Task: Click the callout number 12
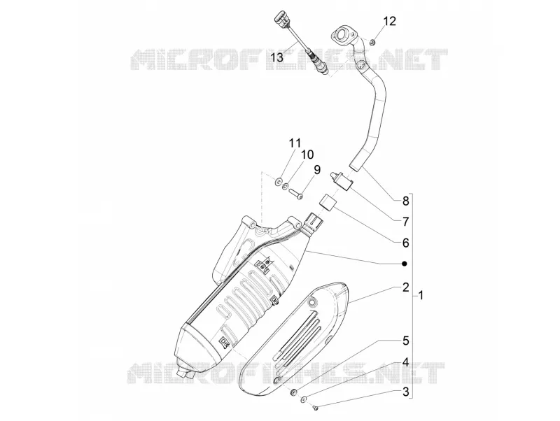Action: pos(390,21)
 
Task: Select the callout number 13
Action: pos(276,57)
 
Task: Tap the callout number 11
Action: pos(295,143)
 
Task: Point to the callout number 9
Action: pos(317,169)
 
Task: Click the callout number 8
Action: pos(405,201)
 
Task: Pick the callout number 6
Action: pos(405,243)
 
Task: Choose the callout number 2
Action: pos(405,287)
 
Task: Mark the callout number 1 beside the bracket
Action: pos(421,295)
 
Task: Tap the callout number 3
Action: pos(405,392)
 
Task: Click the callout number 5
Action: pos(405,341)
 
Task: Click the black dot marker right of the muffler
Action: pos(404,264)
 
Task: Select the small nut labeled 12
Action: pos(372,43)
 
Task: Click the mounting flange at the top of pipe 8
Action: pos(344,36)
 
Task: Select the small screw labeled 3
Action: pos(316,406)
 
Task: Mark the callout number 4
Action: pos(405,363)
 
